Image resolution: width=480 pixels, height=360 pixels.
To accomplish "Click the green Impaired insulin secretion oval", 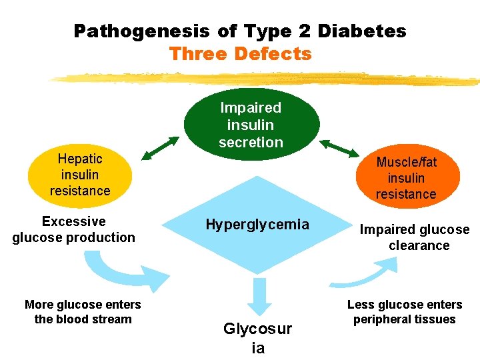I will coord(251,125).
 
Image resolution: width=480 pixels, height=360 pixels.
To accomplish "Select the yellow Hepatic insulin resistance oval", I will coord(79,175).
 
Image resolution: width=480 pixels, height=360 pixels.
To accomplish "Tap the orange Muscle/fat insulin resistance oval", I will coord(406,178).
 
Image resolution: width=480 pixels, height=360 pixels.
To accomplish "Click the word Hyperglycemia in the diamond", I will coord(257,225).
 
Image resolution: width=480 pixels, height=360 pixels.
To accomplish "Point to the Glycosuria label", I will coord(257,338).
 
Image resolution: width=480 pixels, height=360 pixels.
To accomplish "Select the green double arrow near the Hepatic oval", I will coord(161,148).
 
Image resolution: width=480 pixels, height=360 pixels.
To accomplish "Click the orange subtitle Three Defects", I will coord(240,53).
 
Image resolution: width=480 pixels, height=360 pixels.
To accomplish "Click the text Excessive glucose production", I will coord(73,229).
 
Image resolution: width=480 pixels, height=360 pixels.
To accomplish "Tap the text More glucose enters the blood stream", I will coord(83,312).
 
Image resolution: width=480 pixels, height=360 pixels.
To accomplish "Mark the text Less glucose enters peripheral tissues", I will coord(405,312).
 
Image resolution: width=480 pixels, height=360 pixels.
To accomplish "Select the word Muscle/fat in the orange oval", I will coord(407,162).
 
